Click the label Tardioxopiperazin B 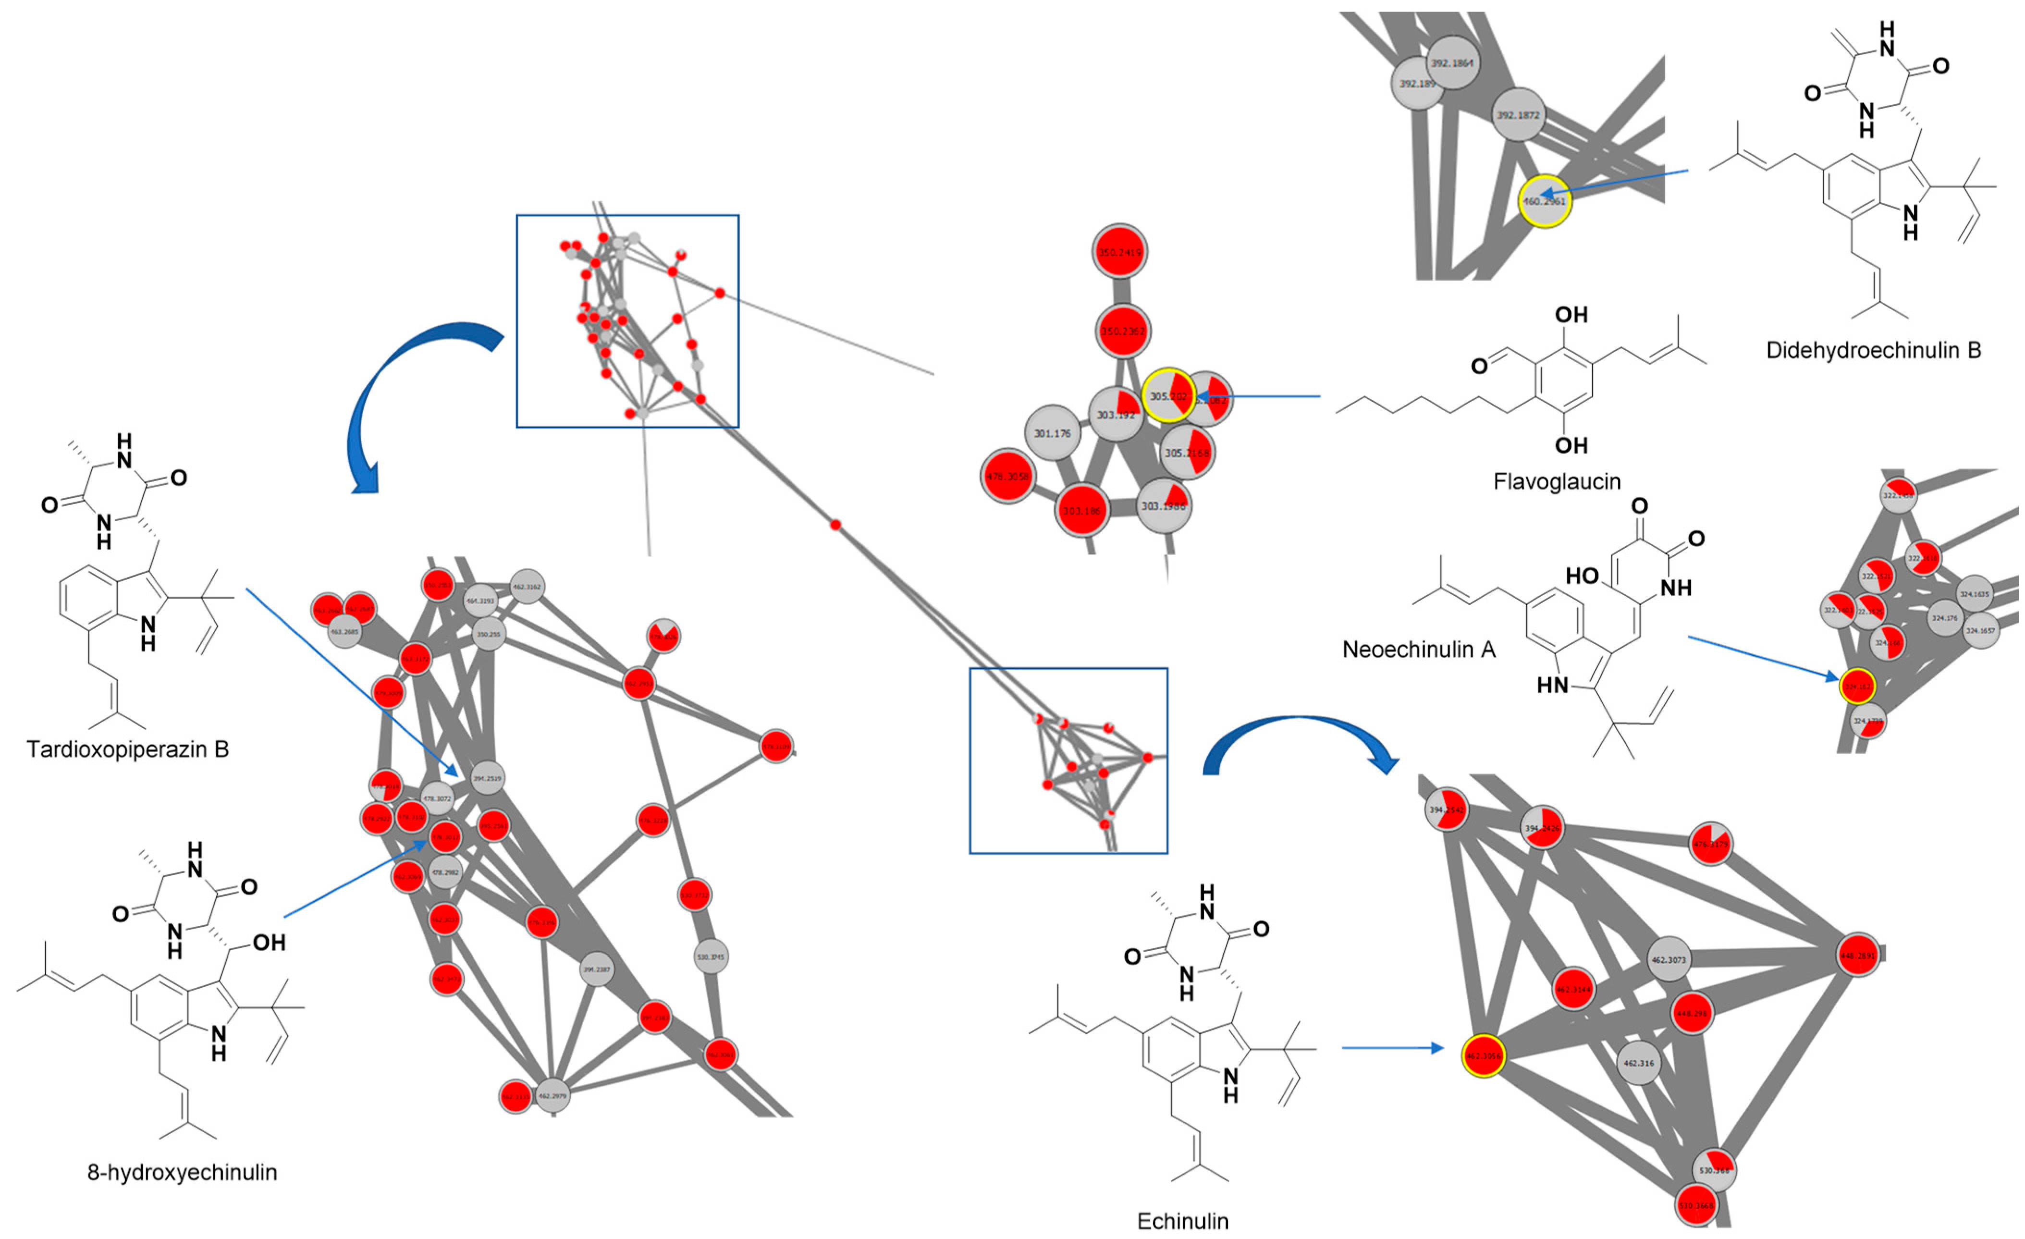click(x=127, y=749)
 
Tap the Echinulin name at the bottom click(x=1183, y=1221)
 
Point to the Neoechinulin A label click(x=1419, y=649)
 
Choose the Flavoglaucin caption click(x=1557, y=481)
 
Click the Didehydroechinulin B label click(x=1873, y=350)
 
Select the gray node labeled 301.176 click(x=1053, y=432)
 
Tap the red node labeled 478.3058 click(x=1007, y=476)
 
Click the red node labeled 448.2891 click(x=1858, y=956)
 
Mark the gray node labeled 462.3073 click(x=1669, y=959)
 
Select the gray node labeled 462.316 click(x=1639, y=1062)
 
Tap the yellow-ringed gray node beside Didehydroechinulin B click(x=1544, y=201)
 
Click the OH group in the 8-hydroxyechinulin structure click(x=269, y=943)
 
